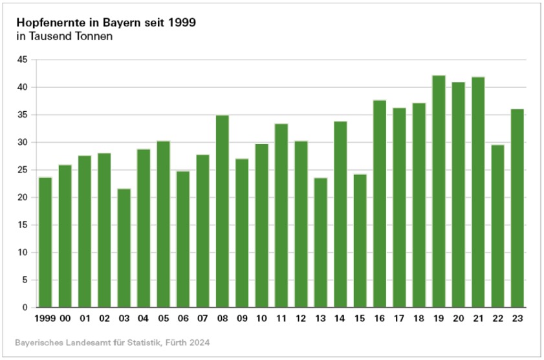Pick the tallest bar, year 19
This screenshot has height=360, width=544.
[439, 191]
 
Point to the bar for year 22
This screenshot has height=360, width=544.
[497, 226]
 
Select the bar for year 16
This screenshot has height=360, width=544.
[380, 204]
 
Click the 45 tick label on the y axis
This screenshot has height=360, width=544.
[23, 59]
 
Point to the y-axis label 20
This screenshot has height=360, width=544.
[23, 198]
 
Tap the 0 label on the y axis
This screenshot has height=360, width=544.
[25, 308]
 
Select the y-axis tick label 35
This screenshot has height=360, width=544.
[23, 115]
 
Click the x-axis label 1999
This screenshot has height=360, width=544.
[44, 319]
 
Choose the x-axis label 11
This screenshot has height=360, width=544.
[281, 319]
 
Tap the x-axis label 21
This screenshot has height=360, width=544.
[478, 319]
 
